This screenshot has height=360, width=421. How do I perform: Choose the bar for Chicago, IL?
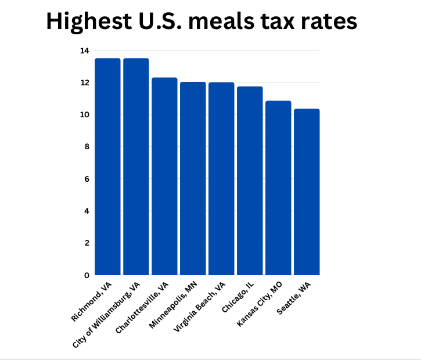(x=250, y=181)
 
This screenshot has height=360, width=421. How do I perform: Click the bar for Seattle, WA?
(x=307, y=192)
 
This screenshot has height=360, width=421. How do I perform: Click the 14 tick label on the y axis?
(x=85, y=51)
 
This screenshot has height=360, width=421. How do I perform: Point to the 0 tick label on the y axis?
(x=87, y=275)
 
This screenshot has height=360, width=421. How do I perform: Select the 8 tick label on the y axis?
(x=87, y=147)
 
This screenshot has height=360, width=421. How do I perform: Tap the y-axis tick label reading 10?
(x=85, y=115)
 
